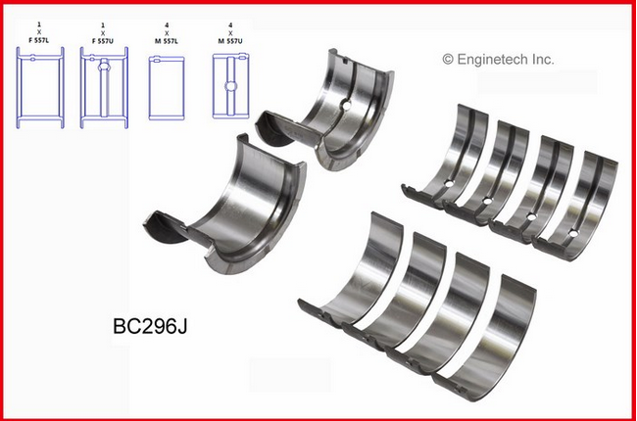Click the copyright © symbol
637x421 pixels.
(449, 60)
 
